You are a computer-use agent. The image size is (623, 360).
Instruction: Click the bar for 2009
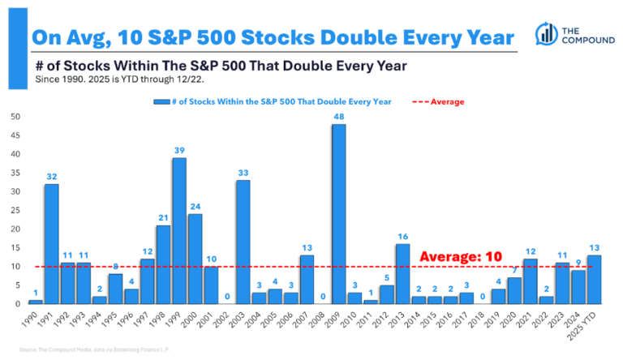338,214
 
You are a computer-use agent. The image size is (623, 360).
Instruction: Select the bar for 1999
179,231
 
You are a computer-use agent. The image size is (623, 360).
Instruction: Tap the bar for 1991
51,244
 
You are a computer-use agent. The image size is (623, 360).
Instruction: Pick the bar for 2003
243,242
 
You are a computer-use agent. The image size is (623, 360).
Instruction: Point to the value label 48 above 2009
338,117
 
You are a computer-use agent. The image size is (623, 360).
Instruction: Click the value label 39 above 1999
179,151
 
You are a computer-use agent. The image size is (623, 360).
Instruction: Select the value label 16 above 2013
402,237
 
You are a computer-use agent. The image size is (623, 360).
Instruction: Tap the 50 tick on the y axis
16,117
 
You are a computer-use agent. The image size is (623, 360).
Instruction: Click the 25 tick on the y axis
16,210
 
